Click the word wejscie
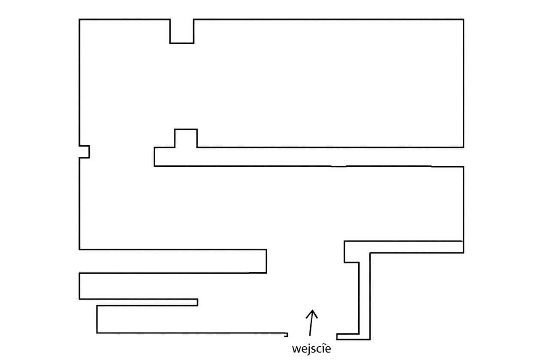click(x=311, y=349)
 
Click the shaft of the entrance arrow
click(x=311, y=323)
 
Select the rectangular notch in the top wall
click(x=182, y=31)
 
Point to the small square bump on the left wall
click(x=84, y=152)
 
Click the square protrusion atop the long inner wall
click(x=186, y=138)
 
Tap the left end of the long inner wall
click(x=155, y=157)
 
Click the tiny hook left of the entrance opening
click(x=286, y=335)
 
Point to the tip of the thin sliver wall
click(x=198, y=303)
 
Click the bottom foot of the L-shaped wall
click(x=353, y=337)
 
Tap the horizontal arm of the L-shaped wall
click(x=404, y=247)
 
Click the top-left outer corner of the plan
click(x=79, y=19)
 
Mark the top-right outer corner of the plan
click(x=464, y=19)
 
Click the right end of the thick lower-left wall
click(x=266, y=261)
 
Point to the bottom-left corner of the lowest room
click(x=97, y=333)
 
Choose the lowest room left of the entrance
click(x=191, y=319)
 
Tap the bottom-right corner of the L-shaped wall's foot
click(x=370, y=339)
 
